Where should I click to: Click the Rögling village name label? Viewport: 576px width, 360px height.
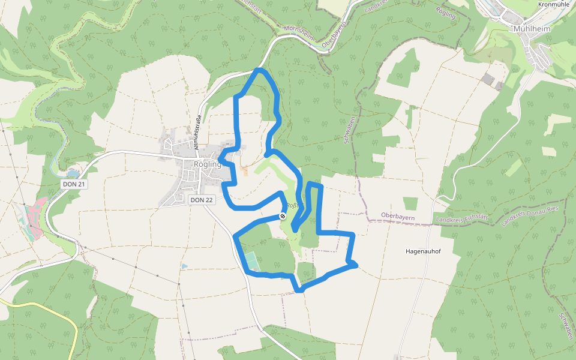[x=208, y=164]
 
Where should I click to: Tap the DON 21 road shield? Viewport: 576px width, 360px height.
[x=75, y=184]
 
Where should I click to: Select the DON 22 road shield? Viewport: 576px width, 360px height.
[x=202, y=200]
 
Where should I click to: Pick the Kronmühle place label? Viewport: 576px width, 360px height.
[x=553, y=4]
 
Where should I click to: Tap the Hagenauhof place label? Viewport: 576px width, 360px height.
[x=423, y=251]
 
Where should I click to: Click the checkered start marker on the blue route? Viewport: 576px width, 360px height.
[x=283, y=216]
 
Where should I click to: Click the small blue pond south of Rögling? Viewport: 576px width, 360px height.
[x=184, y=265]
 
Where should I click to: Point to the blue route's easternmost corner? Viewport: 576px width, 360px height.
[x=356, y=263]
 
